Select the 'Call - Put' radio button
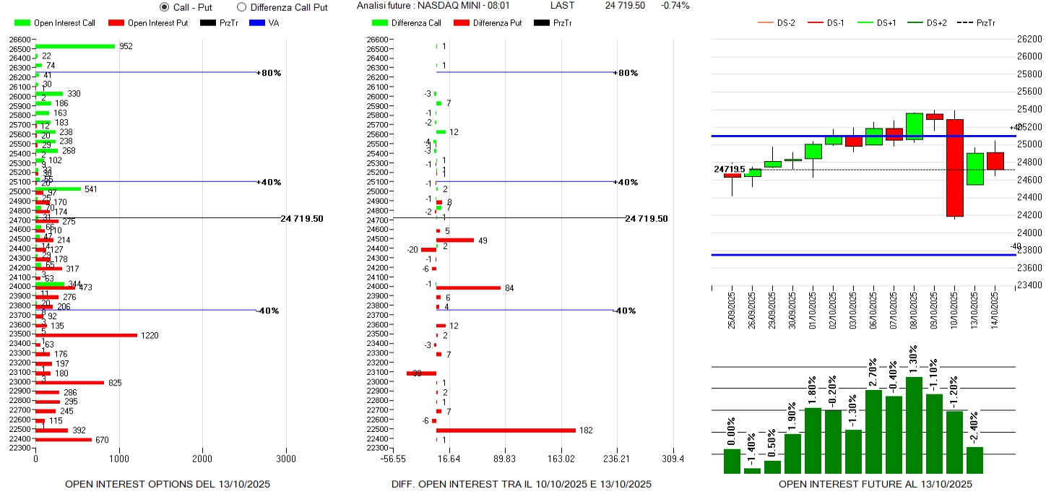point(164,7)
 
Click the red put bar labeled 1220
point(86,335)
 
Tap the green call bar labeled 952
point(75,46)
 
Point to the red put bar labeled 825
point(69,382)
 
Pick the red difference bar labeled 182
point(506,430)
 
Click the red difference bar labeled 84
point(468,287)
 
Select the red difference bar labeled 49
point(455,240)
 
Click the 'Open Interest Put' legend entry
point(148,23)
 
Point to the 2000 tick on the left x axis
point(202,458)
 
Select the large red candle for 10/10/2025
point(955,168)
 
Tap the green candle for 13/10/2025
point(975,169)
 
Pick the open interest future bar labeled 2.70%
point(873,431)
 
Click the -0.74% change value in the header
point(675,6)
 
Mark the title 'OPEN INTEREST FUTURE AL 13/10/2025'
point(875,484)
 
